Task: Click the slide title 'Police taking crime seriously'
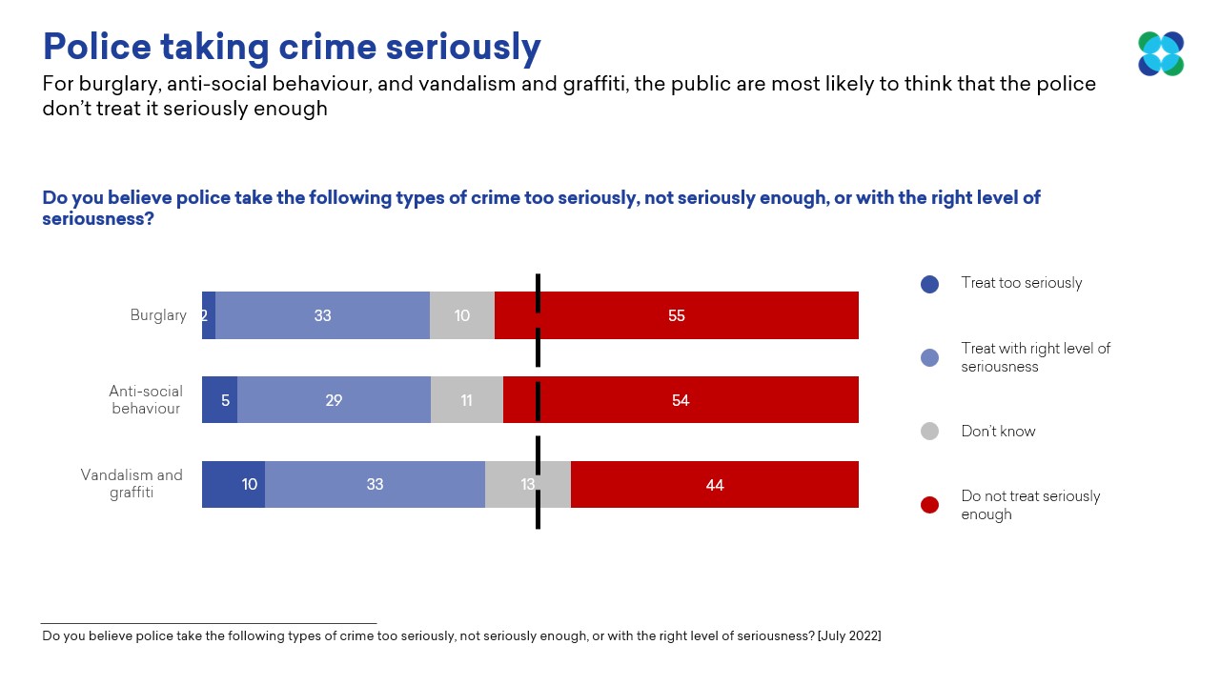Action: (292, 47)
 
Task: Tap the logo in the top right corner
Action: (1160, 53)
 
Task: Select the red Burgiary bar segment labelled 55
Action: (677, 315)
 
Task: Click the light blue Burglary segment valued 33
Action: (322, 315)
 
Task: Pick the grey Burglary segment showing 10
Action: (462, 315)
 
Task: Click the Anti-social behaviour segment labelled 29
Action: (334, 400)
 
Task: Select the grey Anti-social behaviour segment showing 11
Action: (467, 400)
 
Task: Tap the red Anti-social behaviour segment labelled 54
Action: (681, 400)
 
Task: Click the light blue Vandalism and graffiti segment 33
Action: (375, 485)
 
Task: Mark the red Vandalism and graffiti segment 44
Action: (715, 485)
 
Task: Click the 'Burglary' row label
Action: (158, 315)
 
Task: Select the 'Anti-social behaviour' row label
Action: (146, 400)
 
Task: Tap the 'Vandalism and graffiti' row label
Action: (132, 484)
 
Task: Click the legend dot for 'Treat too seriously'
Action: (929, 284)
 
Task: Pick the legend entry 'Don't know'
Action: (998, 432)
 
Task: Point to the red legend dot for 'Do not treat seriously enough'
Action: (929, 505)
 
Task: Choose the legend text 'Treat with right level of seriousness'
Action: (1035, 357)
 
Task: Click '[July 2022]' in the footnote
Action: (848, 636)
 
